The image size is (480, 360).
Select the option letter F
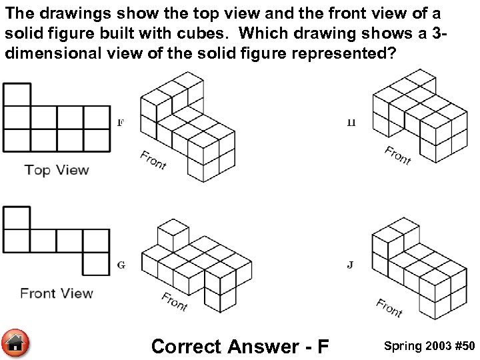pyautogui.click(x=121, y=123)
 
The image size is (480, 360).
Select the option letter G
pyautogui.click(x=121, y=265)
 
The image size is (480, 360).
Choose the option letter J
pyautogui.click(x=351, y=265)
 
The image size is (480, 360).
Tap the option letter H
pyautogui.click(x=351, y=123)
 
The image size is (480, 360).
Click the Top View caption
pyautogui.click(x=57, y=169)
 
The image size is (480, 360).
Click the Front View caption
pyautogui.click(x=57, y=293)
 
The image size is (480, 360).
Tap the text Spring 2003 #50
pyautogui.click(x=429, y=346)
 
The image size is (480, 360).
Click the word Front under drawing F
pyautogui.click(x=153, y=160)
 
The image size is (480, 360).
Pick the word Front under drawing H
pyautogui.click(x=398, y=155)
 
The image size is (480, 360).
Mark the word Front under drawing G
pyautogui.click(x=175, y=302)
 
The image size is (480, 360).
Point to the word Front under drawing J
pyautogui.click(x=389, y=307)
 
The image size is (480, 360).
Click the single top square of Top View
pyautogui.click(x=17, y=94)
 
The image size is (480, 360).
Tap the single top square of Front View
pyautogui.click(x=17, y=217)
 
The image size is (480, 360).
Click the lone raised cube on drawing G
pyautogui.click(x=171, y=235)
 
